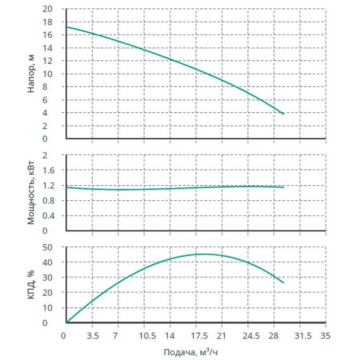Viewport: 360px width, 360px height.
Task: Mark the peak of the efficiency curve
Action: [204, 254]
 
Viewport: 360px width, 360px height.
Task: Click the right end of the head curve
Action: [284, 114]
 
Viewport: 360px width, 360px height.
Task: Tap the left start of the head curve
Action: [66, 27]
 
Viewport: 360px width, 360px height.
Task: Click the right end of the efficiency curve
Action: [284, 283]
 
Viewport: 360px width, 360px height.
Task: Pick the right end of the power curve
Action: [284, 187]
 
